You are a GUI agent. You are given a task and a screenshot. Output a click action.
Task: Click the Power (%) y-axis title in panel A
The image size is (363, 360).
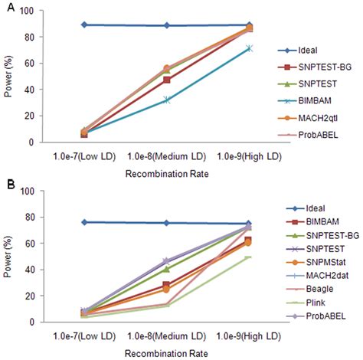(x=8, y=77)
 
